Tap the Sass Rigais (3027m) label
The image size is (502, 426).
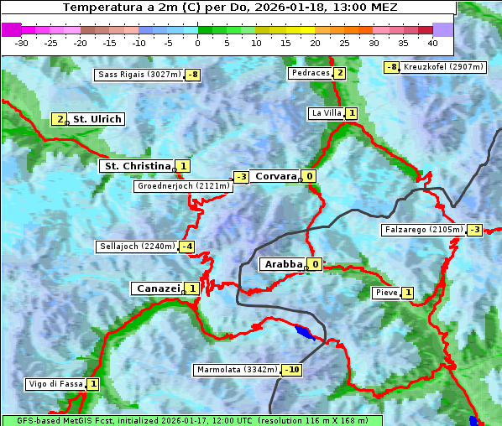pos(139,75)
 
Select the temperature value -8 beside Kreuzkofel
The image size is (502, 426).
pos(390,67)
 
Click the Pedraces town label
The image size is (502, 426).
pos(310,74)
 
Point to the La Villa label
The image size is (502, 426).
pos(325,113)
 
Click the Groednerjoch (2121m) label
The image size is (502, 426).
pos(182,186)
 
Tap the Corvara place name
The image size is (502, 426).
pos(275,176)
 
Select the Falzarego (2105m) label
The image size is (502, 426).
pos(423,229)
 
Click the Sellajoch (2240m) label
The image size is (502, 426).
pos(136,247)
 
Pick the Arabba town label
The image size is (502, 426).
pos(283,264)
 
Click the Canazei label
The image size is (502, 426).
pos(157,288)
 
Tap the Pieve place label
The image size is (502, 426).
pos(386,293)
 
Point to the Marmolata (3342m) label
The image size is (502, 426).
pos(237,370)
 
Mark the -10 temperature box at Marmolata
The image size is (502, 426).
pos(292,370)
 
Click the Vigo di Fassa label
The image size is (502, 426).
pos(55,384)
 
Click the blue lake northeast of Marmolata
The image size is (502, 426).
pos(303,332)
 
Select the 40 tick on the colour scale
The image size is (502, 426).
pos(432,42)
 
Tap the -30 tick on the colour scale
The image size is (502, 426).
pos(22,42)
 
